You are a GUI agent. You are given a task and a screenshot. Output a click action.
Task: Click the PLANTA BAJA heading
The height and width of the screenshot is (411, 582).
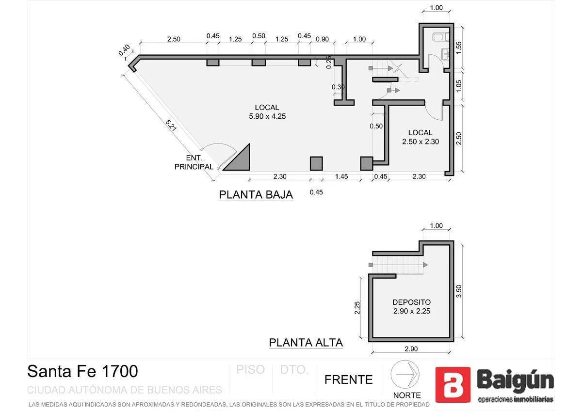point(256,195)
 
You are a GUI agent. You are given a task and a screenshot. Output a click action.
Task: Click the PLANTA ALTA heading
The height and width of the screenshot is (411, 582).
point(306,343)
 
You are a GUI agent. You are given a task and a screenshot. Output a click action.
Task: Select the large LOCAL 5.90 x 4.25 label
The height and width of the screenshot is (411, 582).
point(267,111)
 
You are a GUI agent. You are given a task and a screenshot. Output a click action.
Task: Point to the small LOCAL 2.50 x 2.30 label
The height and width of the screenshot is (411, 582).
point(420,137)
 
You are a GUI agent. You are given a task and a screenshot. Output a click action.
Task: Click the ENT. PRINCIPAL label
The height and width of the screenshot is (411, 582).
point(194,162)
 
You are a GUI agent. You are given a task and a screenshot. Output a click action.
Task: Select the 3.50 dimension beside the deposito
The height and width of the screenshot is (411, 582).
point(459,291)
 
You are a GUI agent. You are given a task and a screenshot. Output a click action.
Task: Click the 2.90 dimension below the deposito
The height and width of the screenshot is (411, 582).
point(411,349)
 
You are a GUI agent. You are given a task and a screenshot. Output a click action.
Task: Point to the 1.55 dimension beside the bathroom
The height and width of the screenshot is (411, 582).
point(459,47)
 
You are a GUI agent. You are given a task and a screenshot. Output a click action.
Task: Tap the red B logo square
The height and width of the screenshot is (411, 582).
point(452,385)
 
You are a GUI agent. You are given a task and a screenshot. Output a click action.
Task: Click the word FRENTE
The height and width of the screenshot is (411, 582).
point(348,379)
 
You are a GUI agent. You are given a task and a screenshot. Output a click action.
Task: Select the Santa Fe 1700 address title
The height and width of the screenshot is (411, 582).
point(82,371)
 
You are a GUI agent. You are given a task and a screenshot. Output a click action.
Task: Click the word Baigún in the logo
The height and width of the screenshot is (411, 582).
point(515,380)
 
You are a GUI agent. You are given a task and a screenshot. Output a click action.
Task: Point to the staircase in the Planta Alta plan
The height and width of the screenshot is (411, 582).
point(397,265)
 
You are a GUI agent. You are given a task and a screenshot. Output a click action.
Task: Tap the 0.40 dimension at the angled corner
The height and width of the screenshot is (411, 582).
point(124,51)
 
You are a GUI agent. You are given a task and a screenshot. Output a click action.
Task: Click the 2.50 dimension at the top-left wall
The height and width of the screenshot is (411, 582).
point(173,39)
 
